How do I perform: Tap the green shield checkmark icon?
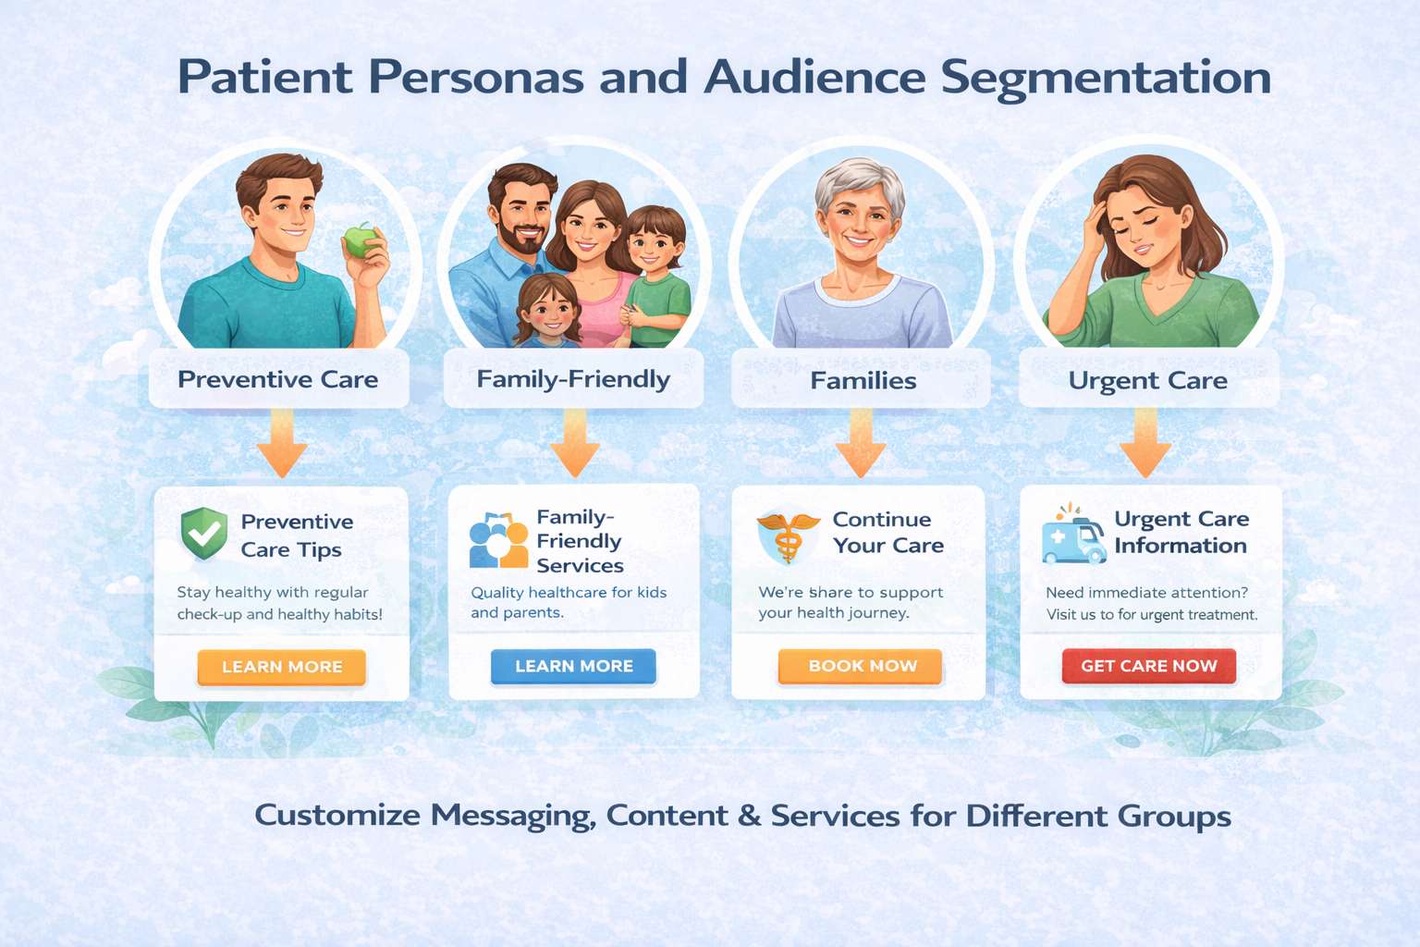pyautogui.click(x=204, y=534)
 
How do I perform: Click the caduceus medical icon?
pyautogui.click(x=788, y=536)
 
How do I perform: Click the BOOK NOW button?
pyautogui.click(x=861, y=666)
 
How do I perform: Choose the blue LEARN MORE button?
pyautogui.click(x=573, y=666)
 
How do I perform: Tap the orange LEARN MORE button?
pyautogui.click(x=282, y=667)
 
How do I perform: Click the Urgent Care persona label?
pyautogui.click(x=1148, y=380)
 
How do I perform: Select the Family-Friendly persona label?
pyautogui.click(x=573, y=379)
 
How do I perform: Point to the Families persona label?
pyautogui.click(x=863, y=380)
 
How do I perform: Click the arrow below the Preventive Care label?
pyautogui.click(x=282, y=443)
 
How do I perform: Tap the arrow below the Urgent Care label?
pyautogui.click(x=1145, y=443)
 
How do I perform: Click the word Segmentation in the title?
pyautogui.click(x=1106, y=78)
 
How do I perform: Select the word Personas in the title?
pyautogui.click(x=476, y=78)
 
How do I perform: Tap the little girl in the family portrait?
pyautogui.click(x=549, y=310)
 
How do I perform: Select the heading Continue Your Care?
pyautogui.click(x=887, y=533)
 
